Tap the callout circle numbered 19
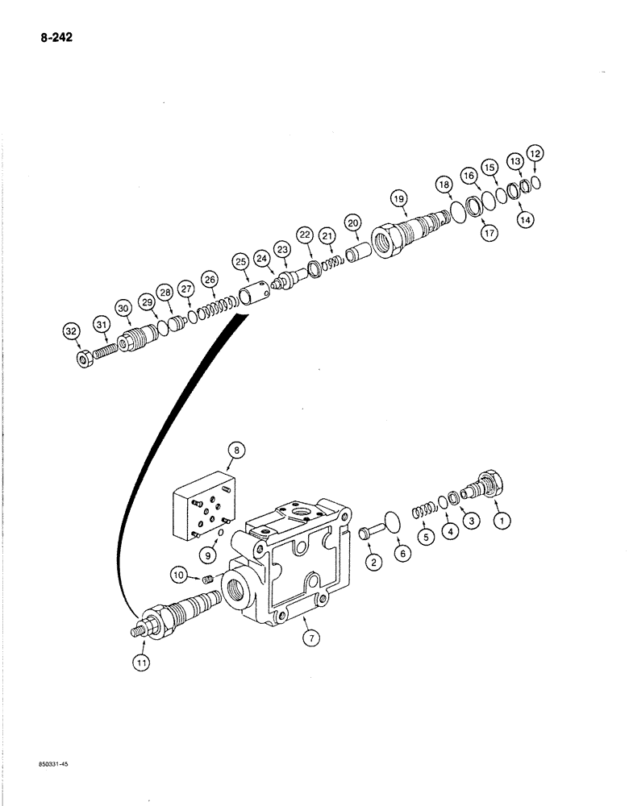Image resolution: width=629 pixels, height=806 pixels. [x=400, y=197]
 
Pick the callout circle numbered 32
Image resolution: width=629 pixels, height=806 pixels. [x=70, y=330]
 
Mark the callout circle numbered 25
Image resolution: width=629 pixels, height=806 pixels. [x=240, y=261]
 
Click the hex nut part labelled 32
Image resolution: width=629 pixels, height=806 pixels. [x=83, y=357]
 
